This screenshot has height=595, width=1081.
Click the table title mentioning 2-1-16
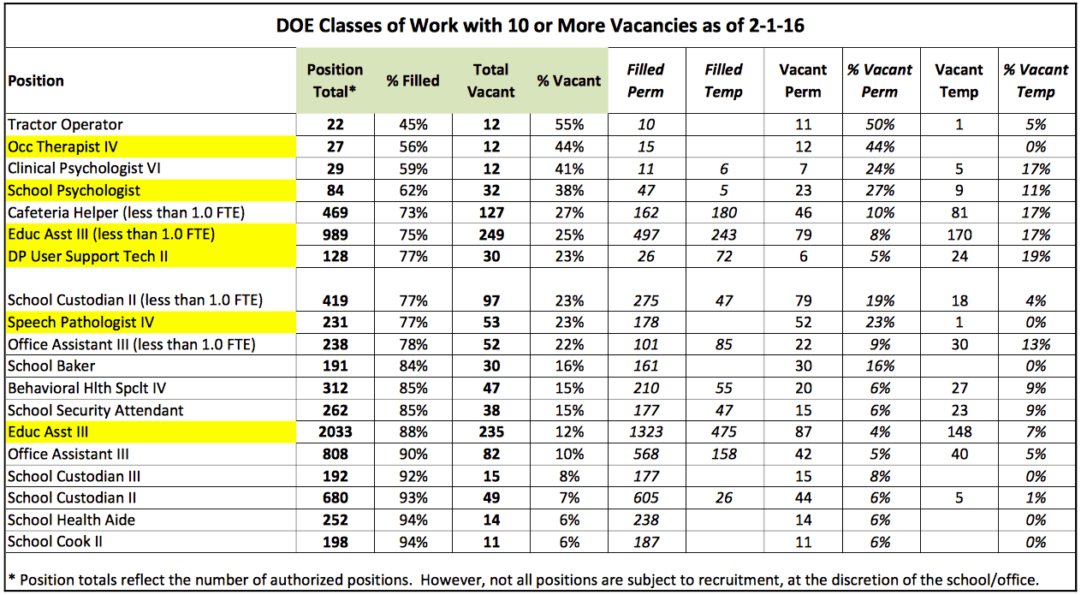tap(540, 26)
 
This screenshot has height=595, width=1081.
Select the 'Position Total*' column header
tap(335, 80)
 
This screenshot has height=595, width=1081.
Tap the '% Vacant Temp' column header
tap(1036, 80)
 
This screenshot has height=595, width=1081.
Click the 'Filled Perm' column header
tap(645, 80)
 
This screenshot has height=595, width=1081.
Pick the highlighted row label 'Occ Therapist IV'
tap(62, 146)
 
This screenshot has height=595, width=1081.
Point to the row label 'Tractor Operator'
tap(65, 124)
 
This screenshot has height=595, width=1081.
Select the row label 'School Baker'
tap(51, 366)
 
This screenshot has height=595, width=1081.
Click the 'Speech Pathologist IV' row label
tap(80, 322)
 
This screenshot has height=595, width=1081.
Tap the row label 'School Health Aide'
tap(71, 520)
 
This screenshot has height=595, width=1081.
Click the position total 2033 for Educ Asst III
tap(335, 431)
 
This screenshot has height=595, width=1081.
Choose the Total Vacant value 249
tap(491, 235)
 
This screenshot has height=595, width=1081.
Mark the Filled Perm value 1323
tap(645, 431)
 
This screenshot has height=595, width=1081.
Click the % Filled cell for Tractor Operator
tap(413, 124)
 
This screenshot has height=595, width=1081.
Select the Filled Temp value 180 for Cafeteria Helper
tap(724, 213)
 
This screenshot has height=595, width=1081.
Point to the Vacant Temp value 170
tap(959, 235)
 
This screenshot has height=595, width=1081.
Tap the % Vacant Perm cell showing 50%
tap(880, 124)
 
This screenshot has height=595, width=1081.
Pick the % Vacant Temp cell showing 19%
tap(1036, 256)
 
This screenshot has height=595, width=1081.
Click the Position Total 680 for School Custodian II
tap(335, 498)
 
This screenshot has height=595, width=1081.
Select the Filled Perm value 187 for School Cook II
tap(645, 542)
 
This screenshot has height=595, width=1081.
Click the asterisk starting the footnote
tap(12, 578)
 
